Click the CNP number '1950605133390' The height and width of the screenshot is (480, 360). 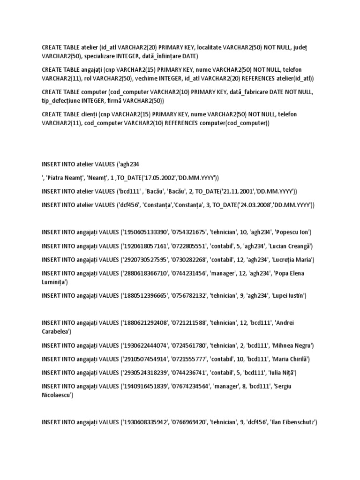click(144, 232)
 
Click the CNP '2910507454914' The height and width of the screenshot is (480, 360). click(144, 359)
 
